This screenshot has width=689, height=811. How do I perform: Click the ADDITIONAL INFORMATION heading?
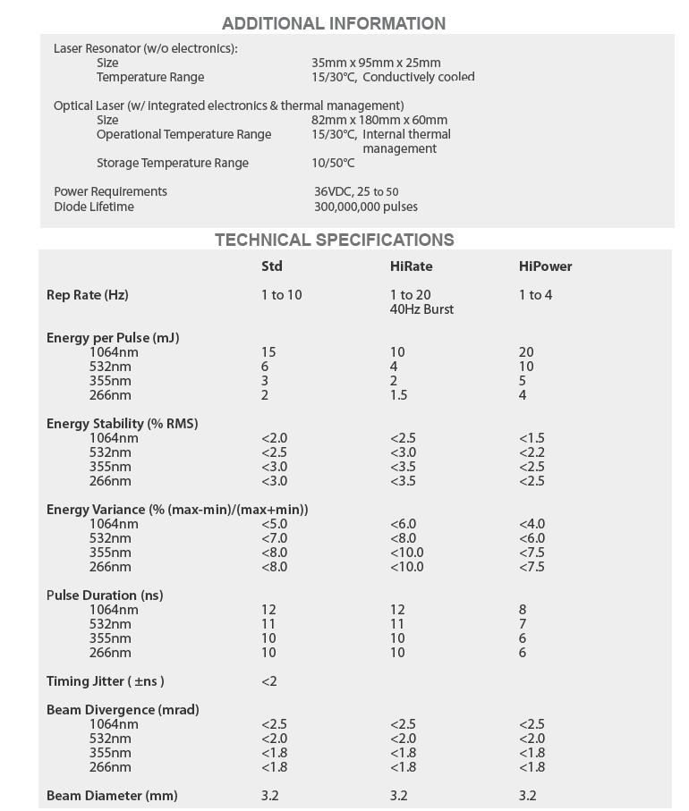(333, 24)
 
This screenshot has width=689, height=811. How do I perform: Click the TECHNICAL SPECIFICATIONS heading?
(334, 241)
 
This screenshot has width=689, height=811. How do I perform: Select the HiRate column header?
(411, 266)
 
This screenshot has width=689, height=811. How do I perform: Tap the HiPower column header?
(545, 266)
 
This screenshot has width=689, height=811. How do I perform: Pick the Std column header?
(272, 266)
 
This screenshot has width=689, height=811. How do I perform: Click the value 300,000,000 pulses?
(365, 207)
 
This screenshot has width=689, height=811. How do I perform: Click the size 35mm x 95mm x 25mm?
(376, 63)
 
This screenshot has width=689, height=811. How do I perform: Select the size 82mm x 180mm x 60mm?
(379, 121)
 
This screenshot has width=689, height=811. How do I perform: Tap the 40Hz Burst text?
(421, 309)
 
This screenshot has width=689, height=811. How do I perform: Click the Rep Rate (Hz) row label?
(88, 295)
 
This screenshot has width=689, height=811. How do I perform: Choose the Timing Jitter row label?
(105, 681)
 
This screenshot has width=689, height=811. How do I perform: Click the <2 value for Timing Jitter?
(269, 681)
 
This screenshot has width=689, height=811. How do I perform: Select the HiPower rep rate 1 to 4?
(535, 295)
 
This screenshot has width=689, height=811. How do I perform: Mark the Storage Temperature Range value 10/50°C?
(333, 164)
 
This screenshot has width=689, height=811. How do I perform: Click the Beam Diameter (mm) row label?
(112, 796)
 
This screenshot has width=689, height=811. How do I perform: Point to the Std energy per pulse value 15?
(268, 352)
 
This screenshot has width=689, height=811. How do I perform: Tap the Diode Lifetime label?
(94, 207)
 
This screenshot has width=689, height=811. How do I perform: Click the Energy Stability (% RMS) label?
(122, 424)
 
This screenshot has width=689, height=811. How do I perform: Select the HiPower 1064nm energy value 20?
(526, 352)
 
